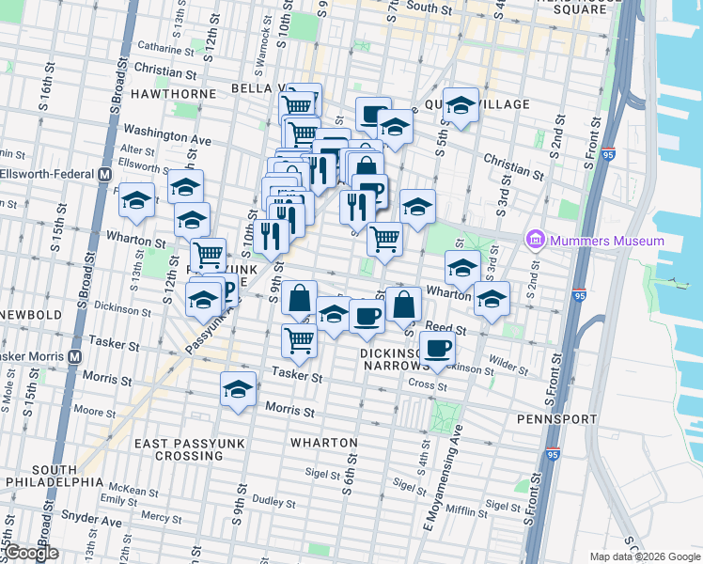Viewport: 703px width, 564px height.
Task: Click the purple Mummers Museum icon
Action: tap(537, 240)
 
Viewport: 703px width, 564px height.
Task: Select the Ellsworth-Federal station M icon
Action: tap(104, 175)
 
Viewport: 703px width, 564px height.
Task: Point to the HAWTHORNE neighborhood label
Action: tap(170, 94)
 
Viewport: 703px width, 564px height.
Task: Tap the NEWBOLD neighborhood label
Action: tap(31, 314)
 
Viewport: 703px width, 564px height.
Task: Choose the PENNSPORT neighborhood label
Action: tap(556, 418)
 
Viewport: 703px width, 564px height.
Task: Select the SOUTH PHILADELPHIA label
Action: tap(55, 476)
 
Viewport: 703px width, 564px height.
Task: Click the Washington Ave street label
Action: tap(166, 135)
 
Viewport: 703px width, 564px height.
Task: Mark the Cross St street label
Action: tap(427, 384)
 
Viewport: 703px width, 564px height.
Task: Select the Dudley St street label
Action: tap(274, 502)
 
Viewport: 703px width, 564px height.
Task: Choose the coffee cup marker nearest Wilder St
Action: tap(437, 349)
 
